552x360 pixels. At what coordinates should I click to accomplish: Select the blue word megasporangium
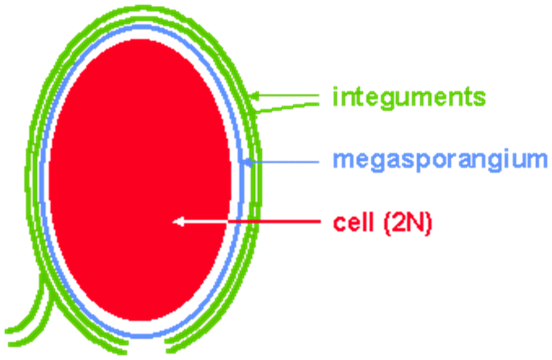click(x=441, y=161)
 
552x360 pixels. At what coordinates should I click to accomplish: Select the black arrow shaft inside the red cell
click(x=207, y=221)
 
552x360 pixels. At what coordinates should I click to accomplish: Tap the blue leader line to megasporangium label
click(x=290, y=161)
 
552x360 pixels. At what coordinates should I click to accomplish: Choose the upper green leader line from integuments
click(x=293, y=95)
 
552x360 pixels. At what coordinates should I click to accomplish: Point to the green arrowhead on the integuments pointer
click(x=255, y=96)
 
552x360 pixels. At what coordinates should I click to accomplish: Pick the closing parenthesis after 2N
click(x=428, y=223)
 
